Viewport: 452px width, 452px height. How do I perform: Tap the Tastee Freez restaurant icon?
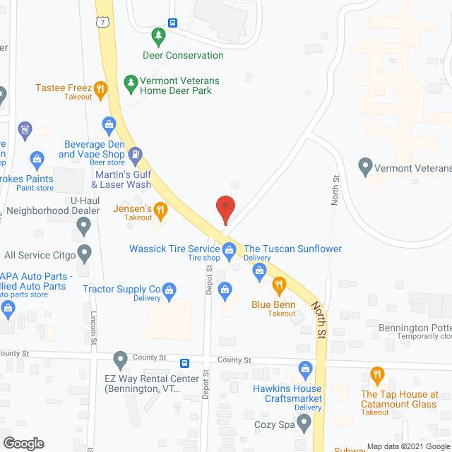point(101,89)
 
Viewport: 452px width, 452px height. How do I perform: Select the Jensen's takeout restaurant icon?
point(161,209)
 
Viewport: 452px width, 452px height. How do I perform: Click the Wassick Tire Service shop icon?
point(229,249)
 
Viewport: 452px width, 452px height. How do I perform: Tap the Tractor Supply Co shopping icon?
point(169,289)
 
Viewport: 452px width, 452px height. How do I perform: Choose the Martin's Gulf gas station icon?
point(136,153)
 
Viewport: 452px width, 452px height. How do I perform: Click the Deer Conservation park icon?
point(159,35)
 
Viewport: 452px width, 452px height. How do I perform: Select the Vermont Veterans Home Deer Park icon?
point(130,83)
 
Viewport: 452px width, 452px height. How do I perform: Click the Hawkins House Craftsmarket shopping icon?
point(305,368)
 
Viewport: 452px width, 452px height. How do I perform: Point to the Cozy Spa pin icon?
point(304,423)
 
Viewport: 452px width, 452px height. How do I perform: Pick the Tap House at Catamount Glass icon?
point(377,374)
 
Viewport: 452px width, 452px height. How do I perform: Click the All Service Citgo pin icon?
point(84,251)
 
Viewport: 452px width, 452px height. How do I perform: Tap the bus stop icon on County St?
point(185,363)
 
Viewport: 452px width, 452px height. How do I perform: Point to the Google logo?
point(23,443)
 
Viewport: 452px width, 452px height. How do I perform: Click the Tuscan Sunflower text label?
point(292,249)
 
